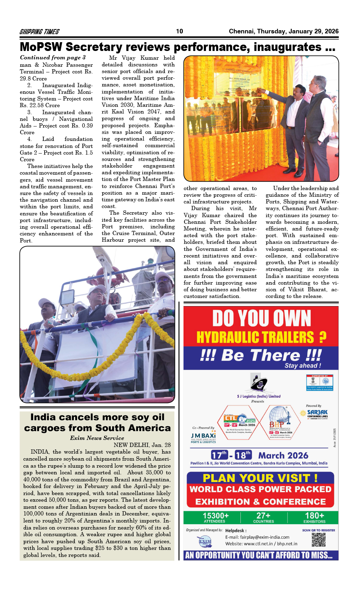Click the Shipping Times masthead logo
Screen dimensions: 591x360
click(39, 32)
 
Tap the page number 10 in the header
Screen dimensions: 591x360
click(179, 31)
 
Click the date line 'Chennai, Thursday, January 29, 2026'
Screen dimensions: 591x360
click(283, 31)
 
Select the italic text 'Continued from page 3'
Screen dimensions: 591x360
click(53, 58)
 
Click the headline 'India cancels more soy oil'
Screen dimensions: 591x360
click(97, 417)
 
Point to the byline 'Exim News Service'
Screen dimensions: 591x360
click(97, 438)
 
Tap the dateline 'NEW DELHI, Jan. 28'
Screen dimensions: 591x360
click(142, 445)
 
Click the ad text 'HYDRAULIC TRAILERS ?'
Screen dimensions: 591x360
click(261, 337)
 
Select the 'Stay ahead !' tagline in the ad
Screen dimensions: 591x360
click(303, 366)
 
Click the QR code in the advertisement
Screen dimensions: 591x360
click(319, 540)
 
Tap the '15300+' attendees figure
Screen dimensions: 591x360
click(216, 515)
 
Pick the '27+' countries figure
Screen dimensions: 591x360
click(263, 515)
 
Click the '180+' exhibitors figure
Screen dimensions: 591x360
click(314, 515)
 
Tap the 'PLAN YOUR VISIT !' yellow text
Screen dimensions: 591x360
click(260, 478)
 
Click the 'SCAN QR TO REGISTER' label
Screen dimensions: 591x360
click(319, 530)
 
